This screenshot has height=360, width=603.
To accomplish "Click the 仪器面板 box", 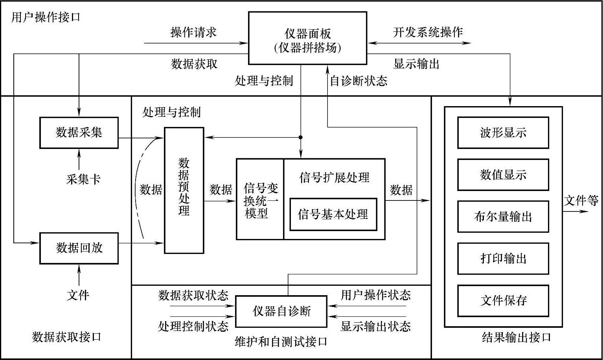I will [308, 38].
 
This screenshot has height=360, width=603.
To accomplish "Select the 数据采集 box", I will [79, 132].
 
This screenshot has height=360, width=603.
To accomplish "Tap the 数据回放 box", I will [79, 248].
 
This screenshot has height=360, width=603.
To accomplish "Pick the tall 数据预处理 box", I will [184, 190].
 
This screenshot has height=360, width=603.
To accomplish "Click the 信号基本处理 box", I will [333, 214].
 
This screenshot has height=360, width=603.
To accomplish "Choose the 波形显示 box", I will [503, 133].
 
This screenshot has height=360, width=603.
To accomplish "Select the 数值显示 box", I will [503, 175].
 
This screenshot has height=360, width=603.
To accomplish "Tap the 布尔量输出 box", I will [503, 217].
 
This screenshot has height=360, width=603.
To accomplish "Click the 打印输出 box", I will [503, 259].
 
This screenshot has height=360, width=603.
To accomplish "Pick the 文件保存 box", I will [503, 301].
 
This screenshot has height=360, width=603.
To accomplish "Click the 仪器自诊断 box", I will [281, 312].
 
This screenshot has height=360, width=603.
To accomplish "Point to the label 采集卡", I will [83, 180].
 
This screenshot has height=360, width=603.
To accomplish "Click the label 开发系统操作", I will [428, 32].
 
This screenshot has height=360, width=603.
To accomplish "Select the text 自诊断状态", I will [358, 81].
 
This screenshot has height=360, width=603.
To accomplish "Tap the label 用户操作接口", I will [46, 17].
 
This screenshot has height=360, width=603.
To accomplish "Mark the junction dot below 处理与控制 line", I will [301, 137].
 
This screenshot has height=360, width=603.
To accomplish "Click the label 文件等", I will [581, 201].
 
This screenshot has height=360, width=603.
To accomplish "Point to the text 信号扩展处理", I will [334, 178].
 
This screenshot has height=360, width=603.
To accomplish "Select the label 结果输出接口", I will [516, 337].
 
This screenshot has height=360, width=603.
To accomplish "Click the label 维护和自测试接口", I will [281, 342].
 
